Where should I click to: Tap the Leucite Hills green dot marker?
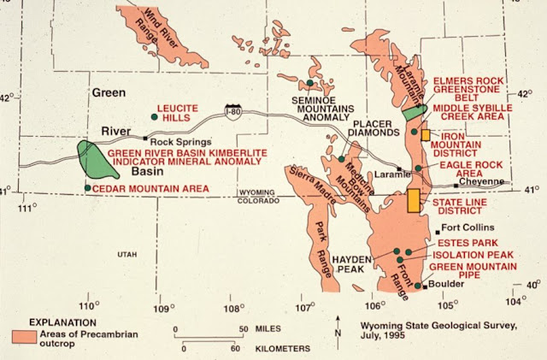pyautogui.click(x=155, y=117)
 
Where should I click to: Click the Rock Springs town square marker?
pyautogui.click(x=145, y=139)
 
